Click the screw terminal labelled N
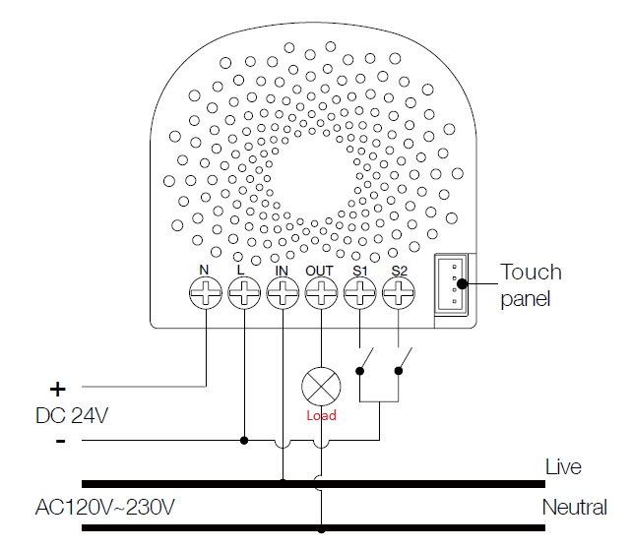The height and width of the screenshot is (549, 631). (x=206, y=293)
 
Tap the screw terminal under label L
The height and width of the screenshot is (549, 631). (x=244, y=293)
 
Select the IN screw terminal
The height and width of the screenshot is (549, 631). (x=283, y=293)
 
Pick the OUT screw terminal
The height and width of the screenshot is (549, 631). (x=321, y=293)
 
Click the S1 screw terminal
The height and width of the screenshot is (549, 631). (x=359, y=293)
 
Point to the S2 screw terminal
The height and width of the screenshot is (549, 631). (x=399, y=293)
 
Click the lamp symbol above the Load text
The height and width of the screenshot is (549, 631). (x=321, y=387)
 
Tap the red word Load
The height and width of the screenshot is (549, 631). (x=321, y=415)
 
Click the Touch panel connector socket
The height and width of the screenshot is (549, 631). (x=451, y=284)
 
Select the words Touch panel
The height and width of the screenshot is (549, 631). (x=531, y=285)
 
